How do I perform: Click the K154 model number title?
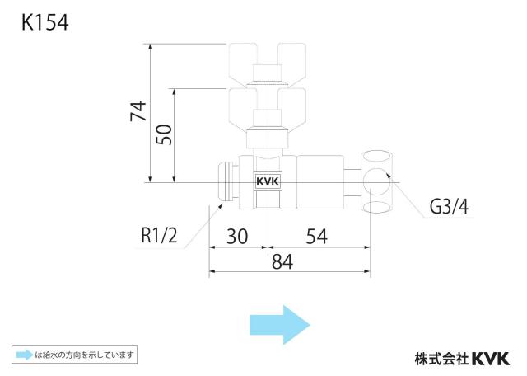45,23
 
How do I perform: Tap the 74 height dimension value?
138,110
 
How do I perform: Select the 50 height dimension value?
164,134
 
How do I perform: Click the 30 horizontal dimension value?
237,237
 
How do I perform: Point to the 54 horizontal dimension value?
316,237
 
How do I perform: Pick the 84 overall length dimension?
282,261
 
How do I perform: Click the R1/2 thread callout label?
159,235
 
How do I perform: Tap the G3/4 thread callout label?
449,206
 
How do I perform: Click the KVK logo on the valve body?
268,181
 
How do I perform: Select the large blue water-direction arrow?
280,325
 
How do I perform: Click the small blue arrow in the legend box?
25,355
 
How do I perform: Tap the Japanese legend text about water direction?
84,355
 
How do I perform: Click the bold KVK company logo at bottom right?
491,359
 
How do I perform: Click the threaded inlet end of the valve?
229,181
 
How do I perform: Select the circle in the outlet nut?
377,181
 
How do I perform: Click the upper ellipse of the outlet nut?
377,158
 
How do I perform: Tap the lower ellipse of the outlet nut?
377,207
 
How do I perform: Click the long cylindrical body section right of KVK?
320,182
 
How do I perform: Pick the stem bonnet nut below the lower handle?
268,139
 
